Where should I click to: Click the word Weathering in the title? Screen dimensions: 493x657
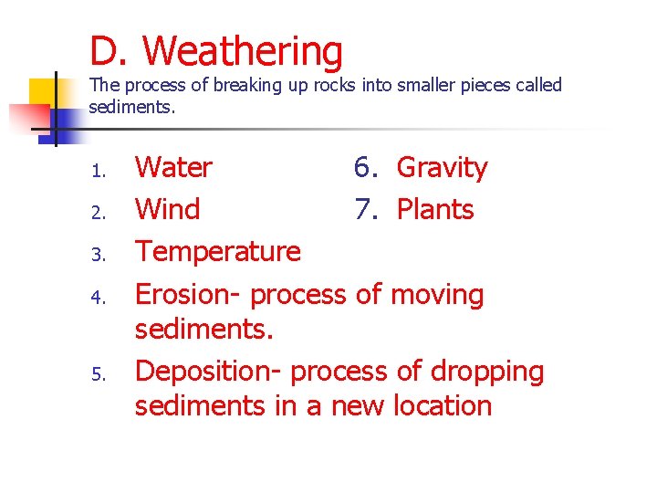coord(243,52)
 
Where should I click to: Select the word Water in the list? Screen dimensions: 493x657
coord(173,168)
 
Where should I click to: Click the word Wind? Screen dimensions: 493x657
coord(167,210)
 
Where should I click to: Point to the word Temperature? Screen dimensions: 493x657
coord(217,252)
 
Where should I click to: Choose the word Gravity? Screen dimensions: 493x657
coord(442,168)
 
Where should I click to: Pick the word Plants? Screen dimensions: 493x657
coord(435,210)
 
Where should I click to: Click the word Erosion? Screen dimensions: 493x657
coord(188,295)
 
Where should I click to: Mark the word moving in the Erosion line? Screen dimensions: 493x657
coord(437,295)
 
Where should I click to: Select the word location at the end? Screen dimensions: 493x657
coord(443,405)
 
